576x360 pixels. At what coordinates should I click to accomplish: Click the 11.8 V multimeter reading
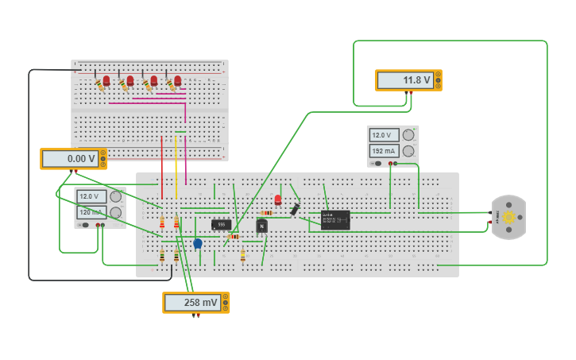coord(406,80)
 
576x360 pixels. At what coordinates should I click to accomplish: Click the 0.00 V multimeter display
coord(71,159)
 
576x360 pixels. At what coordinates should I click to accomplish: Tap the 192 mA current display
coord(385,151)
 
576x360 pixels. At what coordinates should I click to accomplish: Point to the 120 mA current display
coord(91,212)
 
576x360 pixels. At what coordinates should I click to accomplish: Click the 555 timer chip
coord(222,225)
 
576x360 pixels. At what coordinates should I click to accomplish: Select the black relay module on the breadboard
coord(335,219)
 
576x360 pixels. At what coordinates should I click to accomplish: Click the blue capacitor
coord(198,243)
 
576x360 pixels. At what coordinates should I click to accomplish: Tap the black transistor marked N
coord(261,226)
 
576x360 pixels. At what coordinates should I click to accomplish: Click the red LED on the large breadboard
coord(277,199)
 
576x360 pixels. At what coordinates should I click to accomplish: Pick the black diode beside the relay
coord(295,209)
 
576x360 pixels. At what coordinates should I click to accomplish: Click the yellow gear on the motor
coord(508,217)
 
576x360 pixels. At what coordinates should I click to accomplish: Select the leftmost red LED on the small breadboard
coord(106,80)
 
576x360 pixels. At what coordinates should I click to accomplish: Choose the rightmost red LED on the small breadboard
coord(177,80)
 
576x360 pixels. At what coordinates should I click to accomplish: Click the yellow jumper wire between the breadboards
coord(176,167)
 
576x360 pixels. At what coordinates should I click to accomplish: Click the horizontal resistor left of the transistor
coord(234,236)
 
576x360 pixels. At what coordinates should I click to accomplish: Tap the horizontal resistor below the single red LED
coord(267,213)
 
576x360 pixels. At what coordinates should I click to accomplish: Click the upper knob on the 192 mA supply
coord(408,135)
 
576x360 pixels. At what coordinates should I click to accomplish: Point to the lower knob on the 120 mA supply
coord(116,212)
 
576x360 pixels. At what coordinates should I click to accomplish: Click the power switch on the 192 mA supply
coord(377,164)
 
